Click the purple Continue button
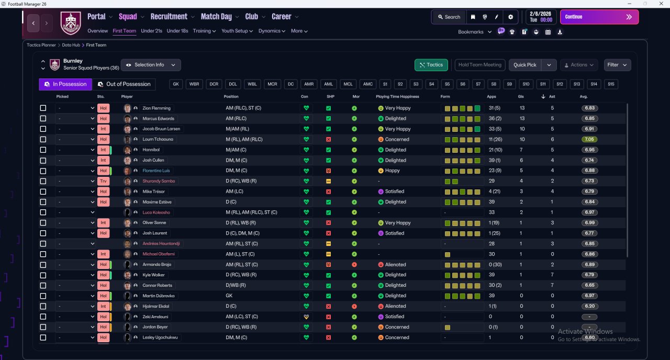[x=599, y=17]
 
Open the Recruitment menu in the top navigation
[x=169, y=17]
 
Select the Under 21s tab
[x=151, y=31]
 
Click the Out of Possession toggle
[x=124, y=84]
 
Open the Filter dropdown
[x=617, y=65]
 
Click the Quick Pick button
[x=525, y=65]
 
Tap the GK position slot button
[x=176, y=84]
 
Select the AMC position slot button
[x=368, y=84]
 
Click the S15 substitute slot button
[x=611, y=84]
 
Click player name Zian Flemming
[x=157, y=108]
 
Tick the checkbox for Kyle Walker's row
[x=43, y=275]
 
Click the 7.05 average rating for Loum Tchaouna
[x=589, y=140]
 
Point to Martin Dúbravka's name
[x=158, y=296]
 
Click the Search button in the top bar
[x=449, y=17]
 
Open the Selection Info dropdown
[x=151, y=65]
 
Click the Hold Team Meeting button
[x=479, y=65]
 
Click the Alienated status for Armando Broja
[x=395, y=265]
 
